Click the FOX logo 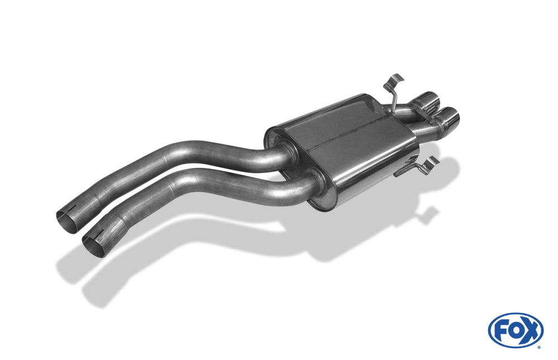pos(516,330)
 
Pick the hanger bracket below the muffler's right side pos(416,166)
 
